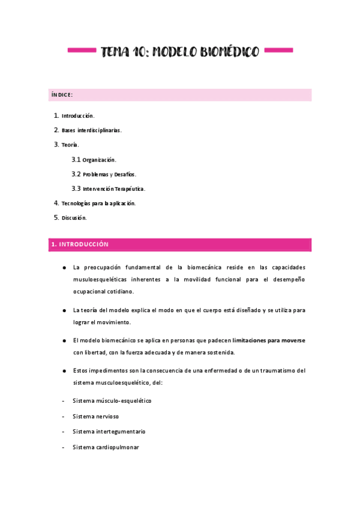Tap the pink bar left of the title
click(81, 50)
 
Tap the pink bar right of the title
click(278, 50)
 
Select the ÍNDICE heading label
click(61, 95)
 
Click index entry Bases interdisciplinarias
click(91, 130)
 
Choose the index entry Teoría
click(70, 145)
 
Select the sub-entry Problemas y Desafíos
click(109, 174)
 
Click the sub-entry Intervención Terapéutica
click(113, 188)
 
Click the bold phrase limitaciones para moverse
click(269, 340)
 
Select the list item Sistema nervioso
click(95, 416)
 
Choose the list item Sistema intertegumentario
click(109, 432)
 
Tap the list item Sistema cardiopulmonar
click(106, 447)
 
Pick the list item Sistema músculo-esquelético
click(112, 400)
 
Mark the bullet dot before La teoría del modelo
click(64, 310)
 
